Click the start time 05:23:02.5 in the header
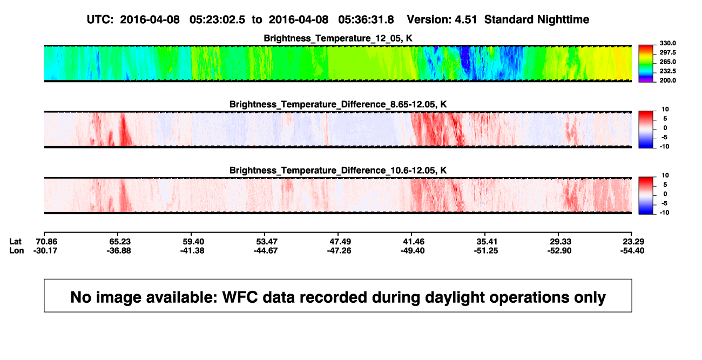pyautogui.click(x=217, y=19)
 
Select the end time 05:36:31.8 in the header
pyautogui.click(x=366, y=19)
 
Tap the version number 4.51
pyautogui.click(x=465, y=19)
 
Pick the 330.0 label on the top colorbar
pyautogui.click(x=667, y=43)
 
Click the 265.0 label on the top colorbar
pyautogui.click(x=667, y=62)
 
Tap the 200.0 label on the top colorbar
pyautogui.click(x=667, y=80)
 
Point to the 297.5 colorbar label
pyautogui.click(x=667, y=52)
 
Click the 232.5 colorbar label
pyautogui.click(x=667, y=71)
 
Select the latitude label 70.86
pyautogui.click(x=46, y=242)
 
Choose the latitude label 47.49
pyautogui.click(x=340, y=242)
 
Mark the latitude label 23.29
pyautogui.click(x=633, y=242)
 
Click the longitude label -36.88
pyautogui.click(x=119, y=250)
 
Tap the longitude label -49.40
pyautogui.click(x=413, y=250)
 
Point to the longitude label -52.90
pyautogui.click(x=559, y=250)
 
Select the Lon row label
pyautogui.click(x=17, y=250)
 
